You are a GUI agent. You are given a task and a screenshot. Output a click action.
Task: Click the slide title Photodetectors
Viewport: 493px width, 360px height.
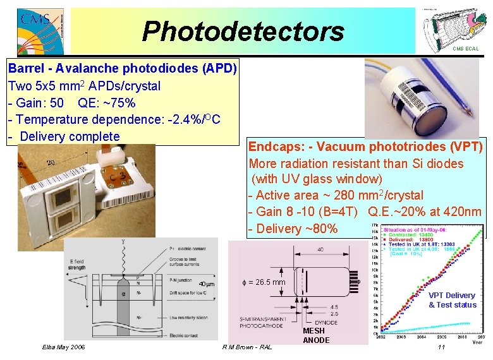coord(243,31)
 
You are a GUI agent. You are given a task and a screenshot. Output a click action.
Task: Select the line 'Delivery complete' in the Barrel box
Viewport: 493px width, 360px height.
coord(70,136)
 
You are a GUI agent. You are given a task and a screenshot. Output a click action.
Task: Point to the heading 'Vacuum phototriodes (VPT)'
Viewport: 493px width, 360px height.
coord(399,147)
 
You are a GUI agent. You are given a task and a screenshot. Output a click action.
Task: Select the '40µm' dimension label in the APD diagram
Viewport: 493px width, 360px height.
coord(207,284)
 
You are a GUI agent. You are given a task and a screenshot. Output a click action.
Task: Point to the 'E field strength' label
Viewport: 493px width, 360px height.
coord(76,263)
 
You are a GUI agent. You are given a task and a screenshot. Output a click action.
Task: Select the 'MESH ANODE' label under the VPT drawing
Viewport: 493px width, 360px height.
coord(315,335)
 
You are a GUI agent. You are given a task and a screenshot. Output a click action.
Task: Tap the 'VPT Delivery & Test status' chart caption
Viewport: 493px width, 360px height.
coord(452,300)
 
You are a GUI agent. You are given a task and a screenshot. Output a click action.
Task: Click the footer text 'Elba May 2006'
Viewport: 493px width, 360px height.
coord(64,347)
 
